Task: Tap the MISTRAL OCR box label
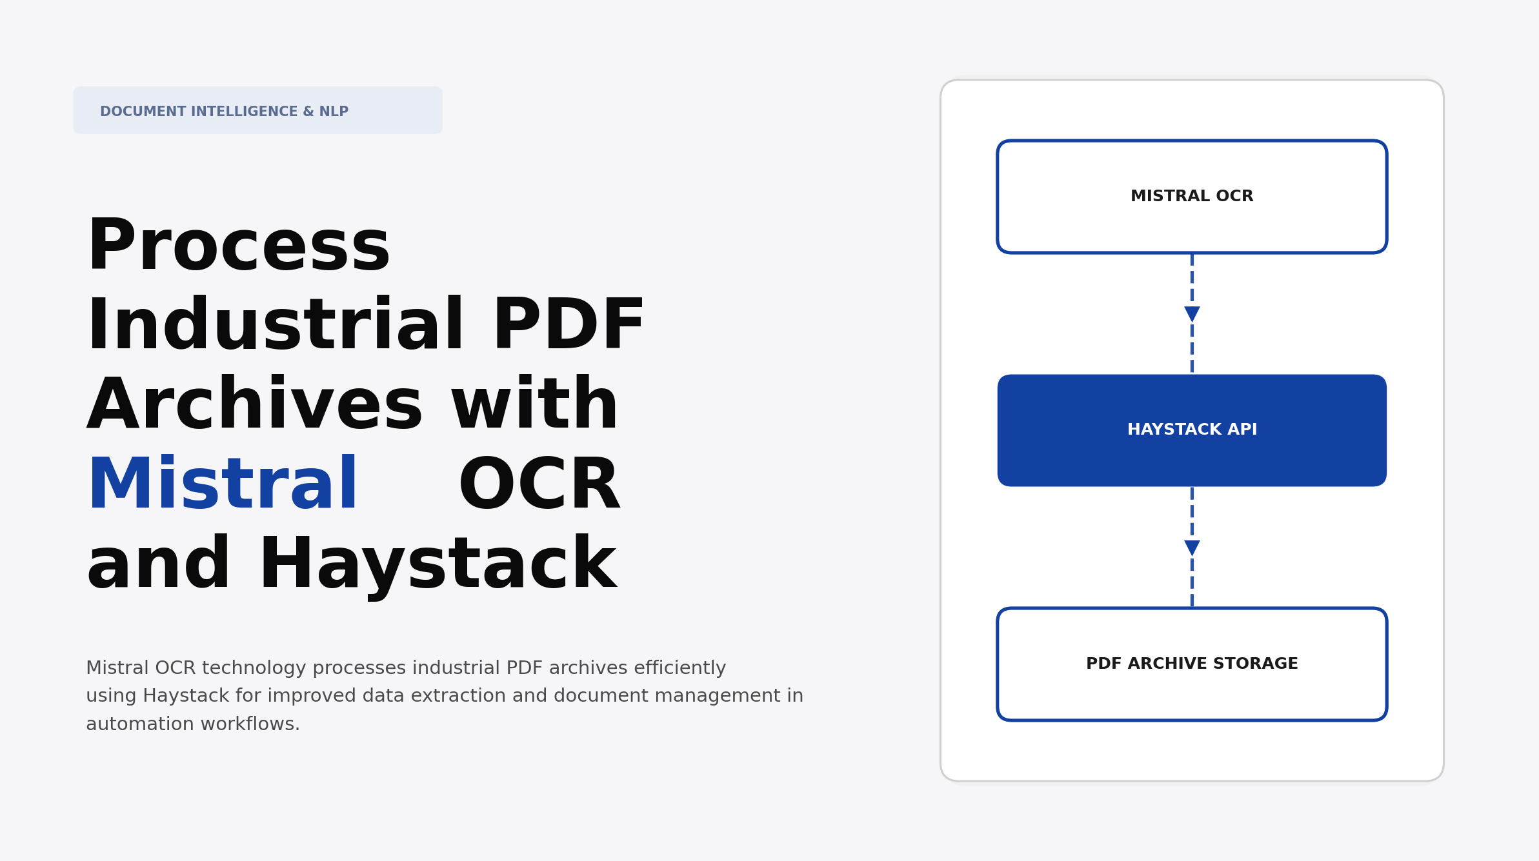point(1192,196)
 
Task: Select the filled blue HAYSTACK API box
point(1192,430)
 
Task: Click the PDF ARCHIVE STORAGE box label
point(1192,664)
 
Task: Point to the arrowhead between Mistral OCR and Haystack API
point(1192,314)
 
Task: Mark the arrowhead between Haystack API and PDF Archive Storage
point(1192,548)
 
